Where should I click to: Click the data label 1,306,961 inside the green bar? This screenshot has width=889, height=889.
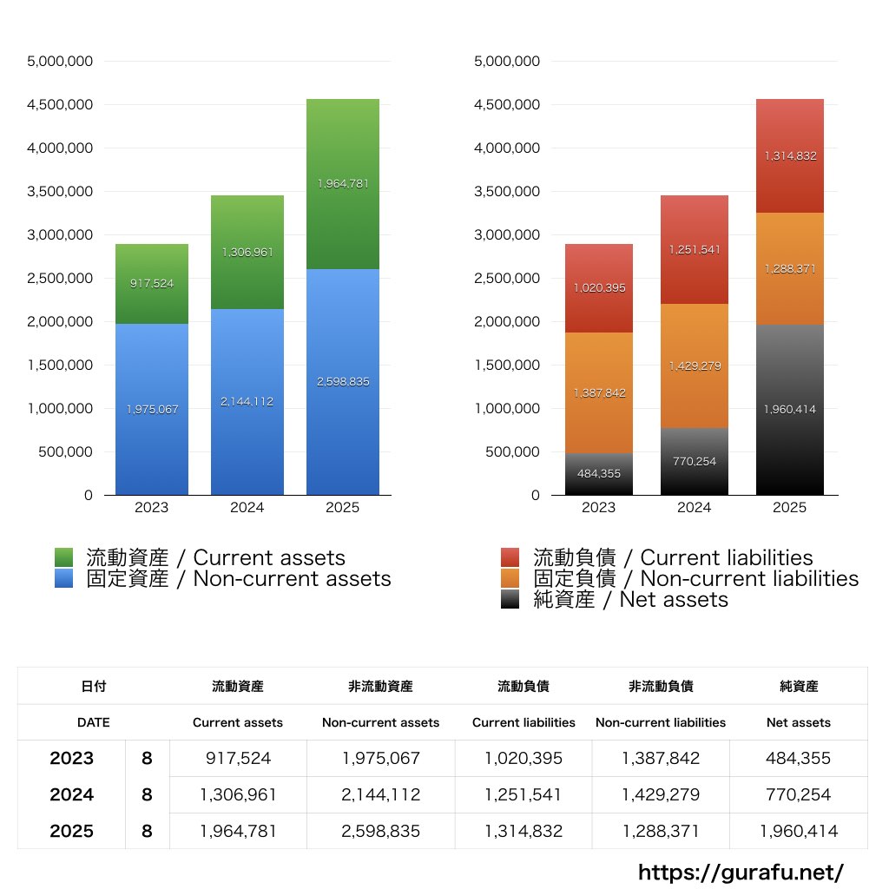[x=247, y=253]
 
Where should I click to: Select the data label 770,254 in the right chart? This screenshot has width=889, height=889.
[x=695, y=461]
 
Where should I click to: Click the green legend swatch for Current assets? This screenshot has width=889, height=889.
[x=63, y=557]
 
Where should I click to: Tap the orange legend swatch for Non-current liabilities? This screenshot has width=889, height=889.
[x=510, y=578]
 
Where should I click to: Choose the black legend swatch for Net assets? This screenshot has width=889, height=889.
[x=510, y=599]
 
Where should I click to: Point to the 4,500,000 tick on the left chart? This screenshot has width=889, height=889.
[x=60, y=105]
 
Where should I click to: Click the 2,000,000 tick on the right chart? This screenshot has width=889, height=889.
[x=507, y=322]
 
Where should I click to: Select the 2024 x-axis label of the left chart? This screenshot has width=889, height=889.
[x=247, y=508]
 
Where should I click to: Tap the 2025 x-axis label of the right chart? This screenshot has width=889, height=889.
[x=790, y=508]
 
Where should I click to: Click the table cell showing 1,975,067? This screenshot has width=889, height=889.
[x=381, y=758]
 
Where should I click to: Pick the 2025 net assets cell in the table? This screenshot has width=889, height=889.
[x=799, y=831]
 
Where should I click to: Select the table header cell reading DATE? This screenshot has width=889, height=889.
[x=94, y=722]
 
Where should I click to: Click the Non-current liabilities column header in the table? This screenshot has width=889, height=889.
[x=661, y=722]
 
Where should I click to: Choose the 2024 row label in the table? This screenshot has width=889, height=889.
[x=71, y=794]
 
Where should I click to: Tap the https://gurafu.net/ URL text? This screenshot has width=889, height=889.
[x=741, y=872]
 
